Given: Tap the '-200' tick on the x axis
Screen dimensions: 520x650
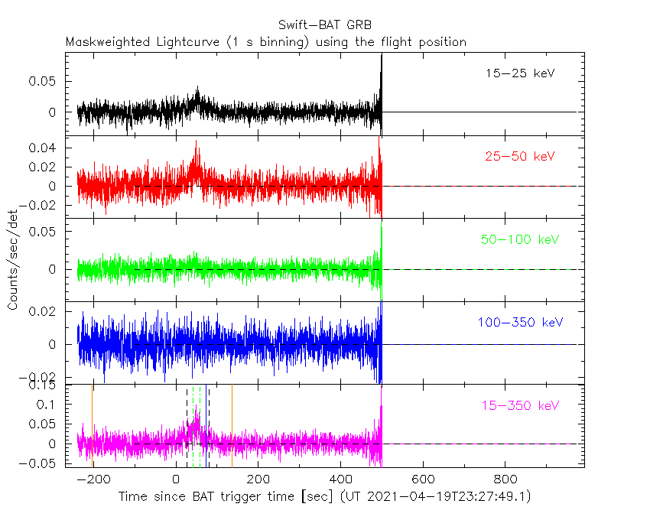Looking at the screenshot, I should (x=95, y=479).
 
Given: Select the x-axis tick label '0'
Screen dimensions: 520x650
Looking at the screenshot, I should (x=177, y=479).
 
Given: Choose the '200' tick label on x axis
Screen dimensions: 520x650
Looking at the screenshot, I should (x=258, y=479).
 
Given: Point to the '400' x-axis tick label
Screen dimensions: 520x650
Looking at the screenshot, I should (x=340, y=479).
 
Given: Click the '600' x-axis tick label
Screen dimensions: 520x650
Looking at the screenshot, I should (x=422, y=479).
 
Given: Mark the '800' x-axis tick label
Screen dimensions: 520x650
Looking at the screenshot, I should (x=504, y=479).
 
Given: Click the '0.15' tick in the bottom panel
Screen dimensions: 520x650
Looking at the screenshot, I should (x=47, y=386).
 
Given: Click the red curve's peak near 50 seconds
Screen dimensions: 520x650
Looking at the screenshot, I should (x=197, y=142).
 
